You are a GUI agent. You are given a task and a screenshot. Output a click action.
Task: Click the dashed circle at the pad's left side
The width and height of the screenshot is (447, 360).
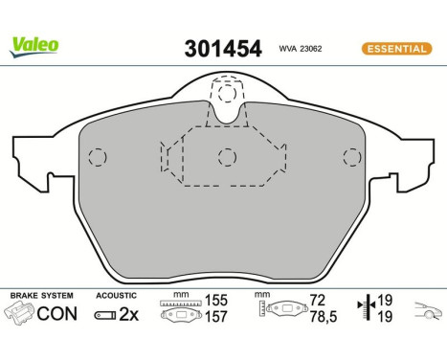tap(96, 158)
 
